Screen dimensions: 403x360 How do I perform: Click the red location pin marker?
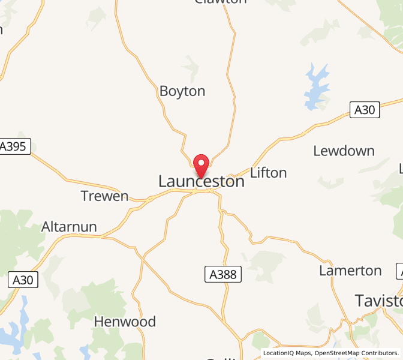[201, 165]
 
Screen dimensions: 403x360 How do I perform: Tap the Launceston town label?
[201, 181]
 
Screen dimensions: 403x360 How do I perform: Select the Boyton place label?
[182, 91]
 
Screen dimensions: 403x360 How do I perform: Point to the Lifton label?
[268, 173]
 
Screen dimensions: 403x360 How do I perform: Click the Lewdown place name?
[344, 151]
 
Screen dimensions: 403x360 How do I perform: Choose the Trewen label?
[105, 196]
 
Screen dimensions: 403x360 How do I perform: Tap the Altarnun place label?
[69, 227]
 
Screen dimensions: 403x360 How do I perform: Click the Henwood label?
[125, 322]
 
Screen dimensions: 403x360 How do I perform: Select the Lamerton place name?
[350, 271]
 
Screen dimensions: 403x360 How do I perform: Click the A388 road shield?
[223, 275]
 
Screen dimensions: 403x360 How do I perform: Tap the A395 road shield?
[14, 147]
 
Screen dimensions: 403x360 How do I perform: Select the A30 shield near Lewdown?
[365, 110]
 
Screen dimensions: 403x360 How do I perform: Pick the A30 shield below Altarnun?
[24, 280]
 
